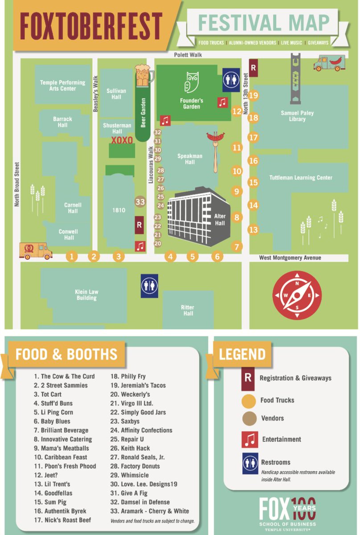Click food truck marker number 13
[253, 230]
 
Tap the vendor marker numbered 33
[140, 202]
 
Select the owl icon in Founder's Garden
[192, 82]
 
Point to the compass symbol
[297, 295]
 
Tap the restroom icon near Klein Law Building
[150, 286]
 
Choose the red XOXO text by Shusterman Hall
[122, 140]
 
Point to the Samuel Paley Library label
[297, 116]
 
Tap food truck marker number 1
[71, 256]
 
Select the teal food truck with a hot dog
[329, 64]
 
